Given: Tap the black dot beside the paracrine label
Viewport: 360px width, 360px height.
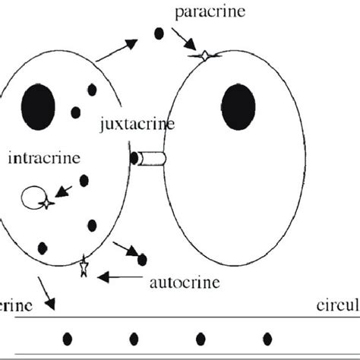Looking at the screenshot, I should click(159, 33).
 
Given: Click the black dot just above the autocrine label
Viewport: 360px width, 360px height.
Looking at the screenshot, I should click(141, 260).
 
